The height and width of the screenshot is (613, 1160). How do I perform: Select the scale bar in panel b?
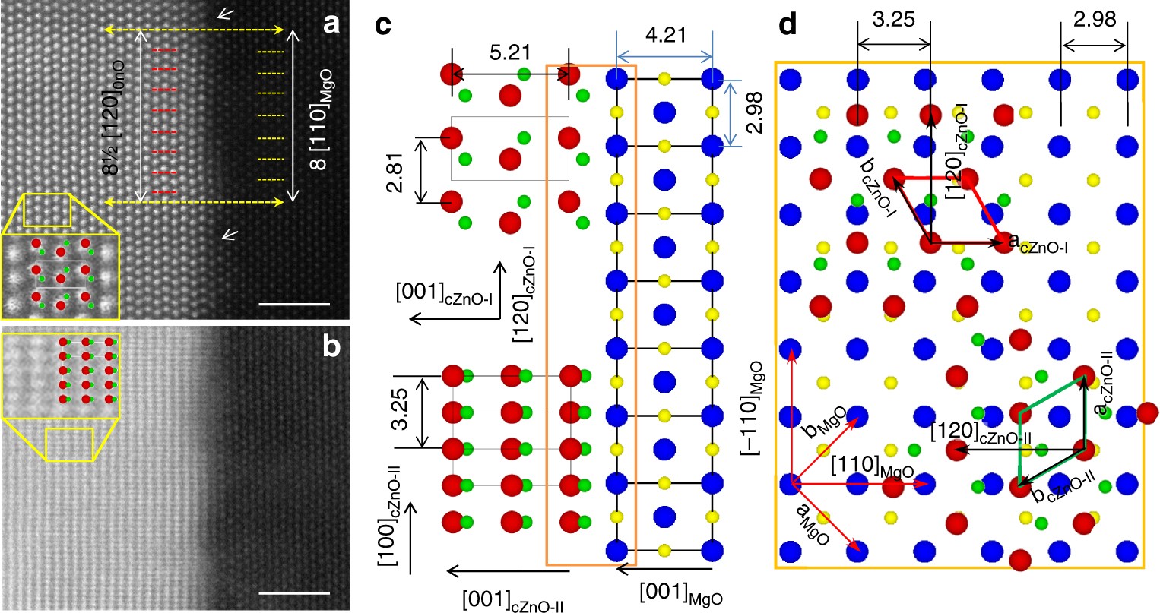[293, 592]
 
